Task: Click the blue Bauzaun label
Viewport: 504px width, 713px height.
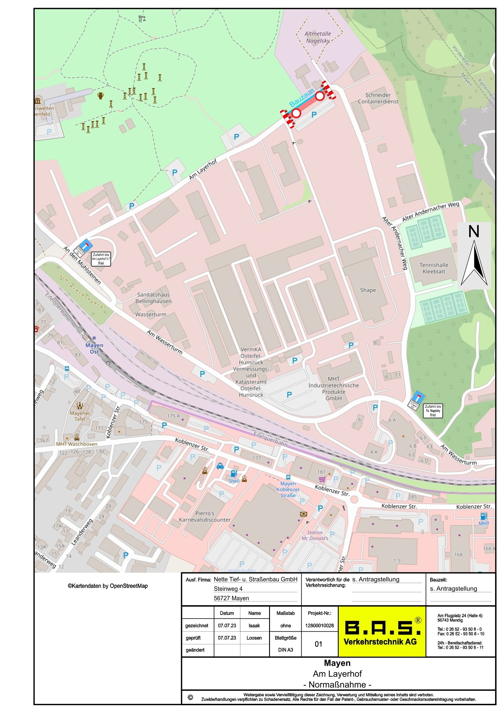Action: (x=302, y=98)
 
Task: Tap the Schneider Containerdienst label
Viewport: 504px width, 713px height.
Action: (x=377, y=98)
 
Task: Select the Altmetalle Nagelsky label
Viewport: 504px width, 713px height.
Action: (x=317, y=37)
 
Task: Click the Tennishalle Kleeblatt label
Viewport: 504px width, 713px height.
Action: (x=434, y=268)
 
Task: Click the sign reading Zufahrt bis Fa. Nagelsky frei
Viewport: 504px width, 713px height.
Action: (x=433, y=410)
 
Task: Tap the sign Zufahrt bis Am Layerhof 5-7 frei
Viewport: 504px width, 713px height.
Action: (x=101, y=259)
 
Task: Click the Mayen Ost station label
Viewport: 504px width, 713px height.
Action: (x=94, y=348)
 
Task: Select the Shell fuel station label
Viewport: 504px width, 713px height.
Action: (x=234, y=481)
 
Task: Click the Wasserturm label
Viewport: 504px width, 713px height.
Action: (x=151, y=314)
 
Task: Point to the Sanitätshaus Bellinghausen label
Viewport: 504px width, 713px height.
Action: (x=154, y=298)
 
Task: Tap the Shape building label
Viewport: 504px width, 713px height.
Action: (x=368, y=290)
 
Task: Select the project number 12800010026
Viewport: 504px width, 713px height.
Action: (x=319, y=626)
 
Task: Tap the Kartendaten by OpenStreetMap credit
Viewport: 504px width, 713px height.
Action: (x=108, y=586)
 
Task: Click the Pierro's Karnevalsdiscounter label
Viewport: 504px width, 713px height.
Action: (x=205, y=516)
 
